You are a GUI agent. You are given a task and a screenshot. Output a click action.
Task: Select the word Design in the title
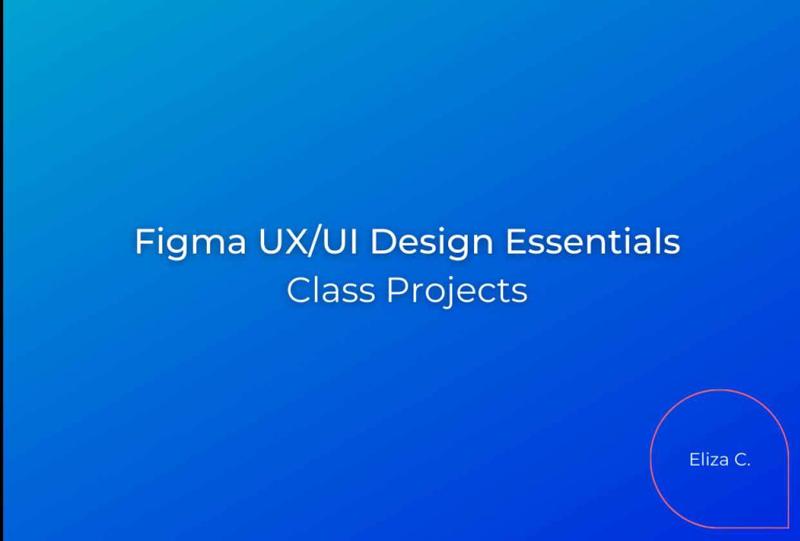pos(432,242)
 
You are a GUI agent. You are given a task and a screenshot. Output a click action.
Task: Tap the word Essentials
pos(593,242)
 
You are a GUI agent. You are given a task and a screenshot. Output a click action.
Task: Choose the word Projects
pos(457,291)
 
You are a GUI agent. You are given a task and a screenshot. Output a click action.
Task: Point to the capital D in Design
pos(383,242)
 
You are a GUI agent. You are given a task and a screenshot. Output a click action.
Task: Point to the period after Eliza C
pos(748,465)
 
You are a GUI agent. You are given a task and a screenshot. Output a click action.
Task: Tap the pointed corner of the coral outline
pos(788,527)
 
